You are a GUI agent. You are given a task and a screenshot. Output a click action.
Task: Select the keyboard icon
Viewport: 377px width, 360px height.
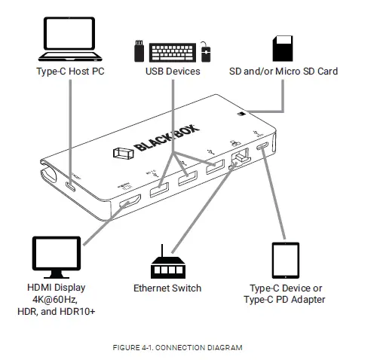click(x=172, y=51)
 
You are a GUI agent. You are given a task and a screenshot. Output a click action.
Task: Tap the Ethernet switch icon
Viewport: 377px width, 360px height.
click(x=167, y=267)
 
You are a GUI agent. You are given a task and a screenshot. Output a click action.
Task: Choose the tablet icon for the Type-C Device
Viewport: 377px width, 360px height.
click(x=286, y=260)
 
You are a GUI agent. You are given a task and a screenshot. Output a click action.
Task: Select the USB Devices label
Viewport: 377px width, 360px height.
click(x=173, y=72)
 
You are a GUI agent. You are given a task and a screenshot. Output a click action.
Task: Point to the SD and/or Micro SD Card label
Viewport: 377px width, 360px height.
click(x=283, y=72)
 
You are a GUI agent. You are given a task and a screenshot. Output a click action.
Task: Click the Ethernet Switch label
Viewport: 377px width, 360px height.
click(x=167, y=288)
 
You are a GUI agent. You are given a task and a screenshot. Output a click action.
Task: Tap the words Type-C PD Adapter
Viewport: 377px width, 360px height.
click(x=286, y=301)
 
